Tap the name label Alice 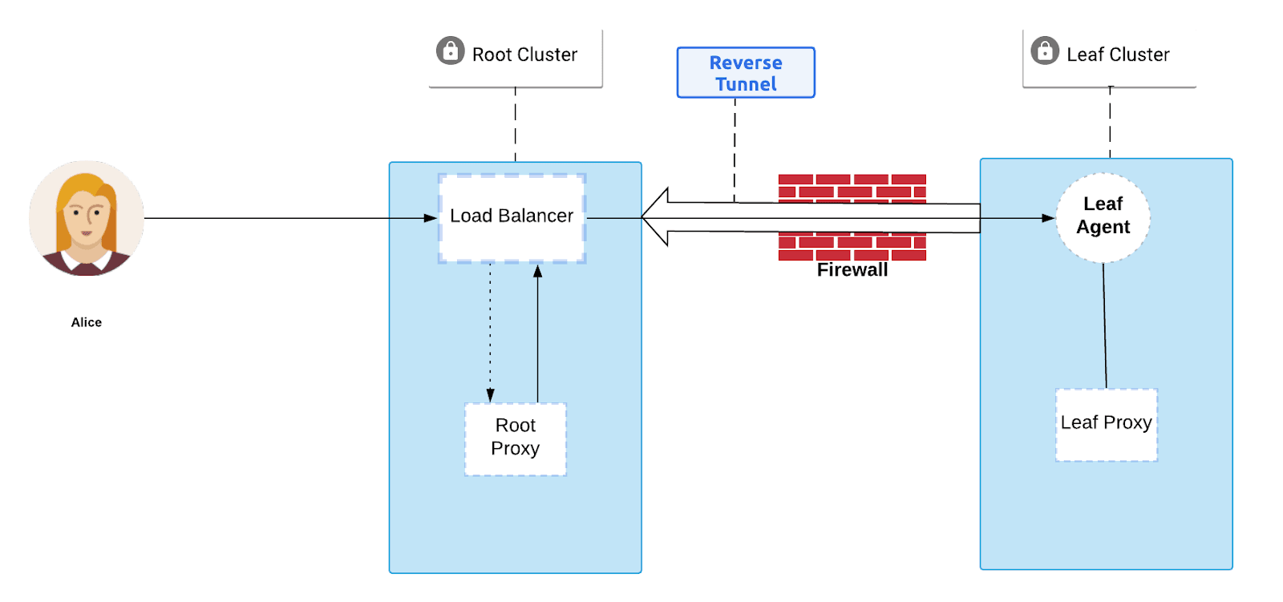pos(87,322)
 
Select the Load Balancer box pos(512,217)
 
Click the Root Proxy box pos(515,438)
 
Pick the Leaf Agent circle pos(1103,216)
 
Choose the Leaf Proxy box pos(1106,424)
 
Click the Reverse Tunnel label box pos(746,73)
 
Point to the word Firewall pos(852,270)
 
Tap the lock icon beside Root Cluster pos(450,51)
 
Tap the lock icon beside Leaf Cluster pos(1044,51)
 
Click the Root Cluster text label pos(524,55)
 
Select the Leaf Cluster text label pos(1118,55)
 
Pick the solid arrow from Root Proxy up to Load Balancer pos(537,337)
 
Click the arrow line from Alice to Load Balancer pos(289,218)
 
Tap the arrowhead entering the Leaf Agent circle pos(1048,218)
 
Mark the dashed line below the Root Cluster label pos(515,124)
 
